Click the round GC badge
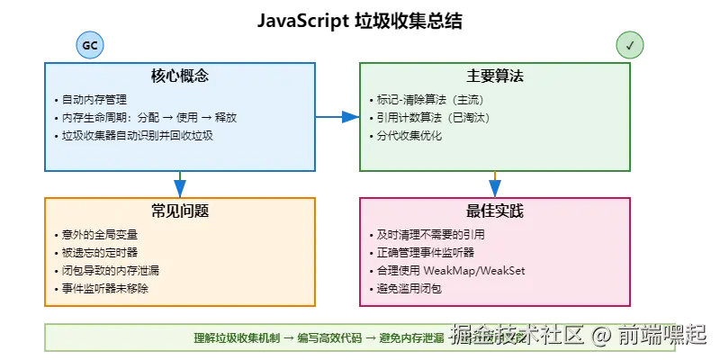click(90, 44)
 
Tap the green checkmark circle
click(629, 44)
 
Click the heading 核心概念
click(180, 76)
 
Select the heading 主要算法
click(494, 76)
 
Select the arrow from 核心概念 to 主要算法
click(337, 116)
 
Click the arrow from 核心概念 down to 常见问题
click(180, 184)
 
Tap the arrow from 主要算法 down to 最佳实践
click(494, 184)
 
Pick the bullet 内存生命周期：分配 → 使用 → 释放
click(148, 117)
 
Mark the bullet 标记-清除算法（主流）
click(432, 99)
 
